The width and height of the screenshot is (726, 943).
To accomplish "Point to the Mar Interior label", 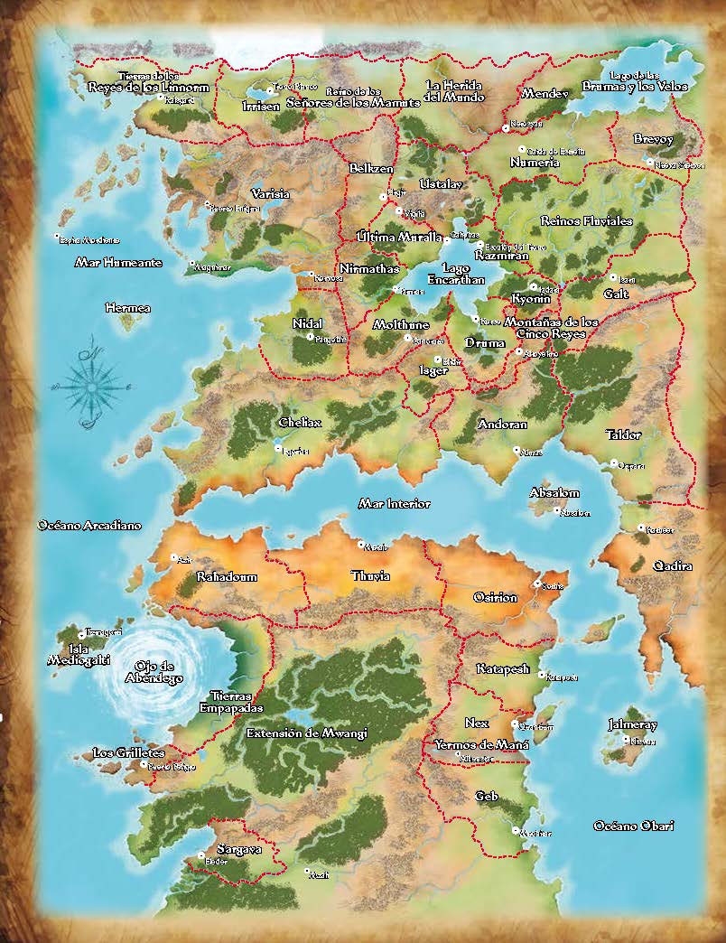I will tap(395, 503).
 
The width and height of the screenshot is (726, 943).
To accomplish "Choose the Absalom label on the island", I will tap(554, 493).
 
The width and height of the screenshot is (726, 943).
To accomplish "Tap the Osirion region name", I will tap(496, 597).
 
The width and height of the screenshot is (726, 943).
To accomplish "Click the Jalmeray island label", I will tap(633, 724).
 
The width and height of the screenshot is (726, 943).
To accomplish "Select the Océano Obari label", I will tap(634, 826).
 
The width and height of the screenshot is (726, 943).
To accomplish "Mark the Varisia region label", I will tap(270, 193).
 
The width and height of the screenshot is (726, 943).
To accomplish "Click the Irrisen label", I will tap(261, 106).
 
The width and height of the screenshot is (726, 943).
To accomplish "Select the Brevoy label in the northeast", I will tap(654, 139).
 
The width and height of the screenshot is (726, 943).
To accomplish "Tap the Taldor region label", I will tap(623, 434).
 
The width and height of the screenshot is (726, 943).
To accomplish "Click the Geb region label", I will tap(487, 796).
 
